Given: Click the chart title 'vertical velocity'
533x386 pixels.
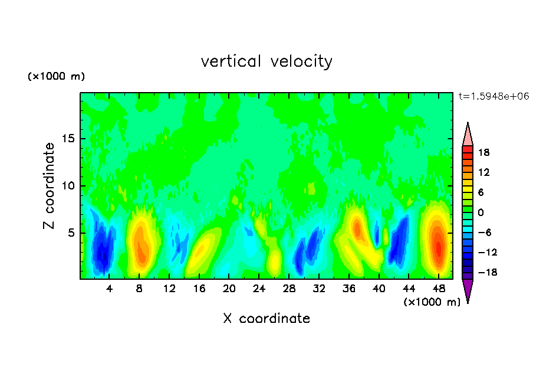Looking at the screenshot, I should (266, 61).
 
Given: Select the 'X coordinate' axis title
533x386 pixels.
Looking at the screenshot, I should (266, 319).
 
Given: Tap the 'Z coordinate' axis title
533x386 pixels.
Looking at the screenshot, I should (50, 186).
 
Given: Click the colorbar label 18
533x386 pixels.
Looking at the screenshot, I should (486, 152).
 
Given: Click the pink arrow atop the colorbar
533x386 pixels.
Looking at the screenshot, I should (468, 135).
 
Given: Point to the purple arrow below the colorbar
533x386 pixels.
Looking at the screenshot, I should (468, 290).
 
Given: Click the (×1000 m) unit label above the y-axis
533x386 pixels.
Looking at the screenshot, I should (56, 77).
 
